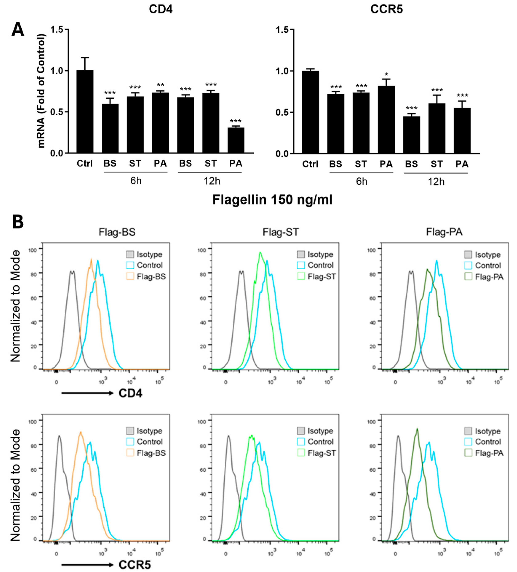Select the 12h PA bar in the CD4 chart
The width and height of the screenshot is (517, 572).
tap(236, 140)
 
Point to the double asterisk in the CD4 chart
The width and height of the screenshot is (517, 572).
tap(160, 85)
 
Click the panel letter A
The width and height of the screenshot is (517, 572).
tap(18, 30)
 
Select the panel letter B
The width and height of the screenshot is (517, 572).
tap(18, 222)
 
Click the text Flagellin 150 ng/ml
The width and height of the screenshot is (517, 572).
tap(272, 200)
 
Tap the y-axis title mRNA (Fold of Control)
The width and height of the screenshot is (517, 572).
tap(41, 91)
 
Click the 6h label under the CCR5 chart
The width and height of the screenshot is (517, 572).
tap(361, 182)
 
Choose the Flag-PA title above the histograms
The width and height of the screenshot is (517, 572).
tap(444, 232)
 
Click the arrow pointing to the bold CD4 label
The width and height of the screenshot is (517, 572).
tap(87, 393)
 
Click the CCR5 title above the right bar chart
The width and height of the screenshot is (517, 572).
tap(386, 9)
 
